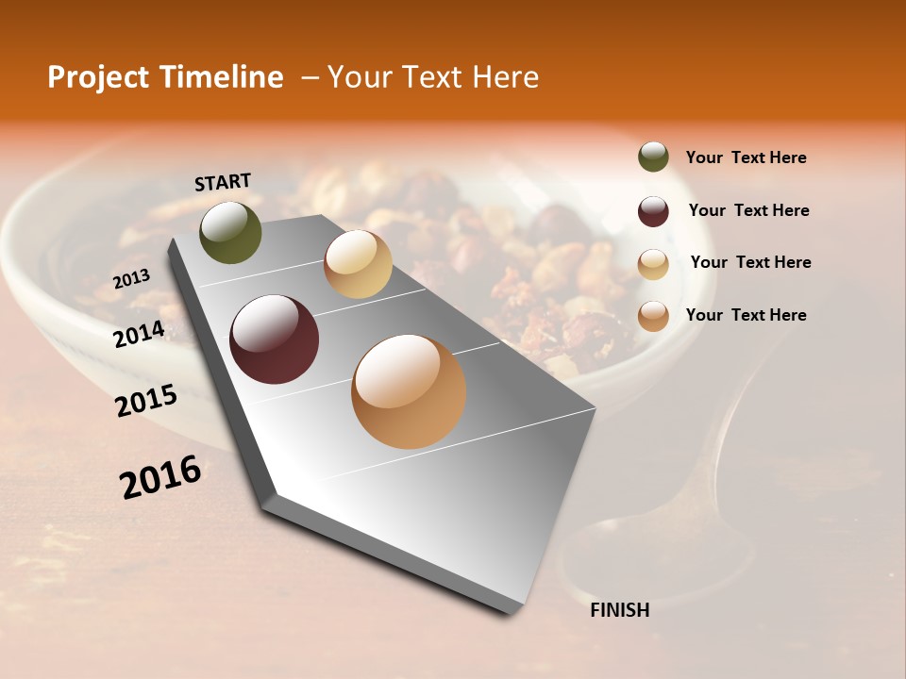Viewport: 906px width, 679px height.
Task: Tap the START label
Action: pyautogui.click(x=223, y=182)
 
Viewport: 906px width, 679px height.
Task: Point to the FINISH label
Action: pyautogui.click(x=619, y=610)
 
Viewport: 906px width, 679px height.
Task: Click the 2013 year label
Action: pyautogui.click(x=131, y=279)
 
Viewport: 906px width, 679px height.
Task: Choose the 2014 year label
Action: pyautogui.click(x=139, y=334)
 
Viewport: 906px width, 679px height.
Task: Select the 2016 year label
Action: pyautogui.click(x=160, y=476)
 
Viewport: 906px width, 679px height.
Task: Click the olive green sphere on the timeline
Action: pyautogui.click(x=231, y=232)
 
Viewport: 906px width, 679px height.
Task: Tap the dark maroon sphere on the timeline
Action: pyautogui.click(x=275, y=339)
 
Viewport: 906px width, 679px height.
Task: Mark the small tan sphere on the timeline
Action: pyautogui.click(x=358, y=264)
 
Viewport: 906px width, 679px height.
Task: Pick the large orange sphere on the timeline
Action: pyautogui.click(x=409, y=391)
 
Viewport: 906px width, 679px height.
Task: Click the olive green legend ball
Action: pyautogui.click(x=653, y=157)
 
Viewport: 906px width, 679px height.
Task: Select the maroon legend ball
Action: pyautogui.click(x=653, y=210)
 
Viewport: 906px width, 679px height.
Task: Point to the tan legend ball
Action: pyautogui.click(x=653, y=263)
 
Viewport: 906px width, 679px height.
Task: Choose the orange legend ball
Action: pyautogui.click(x=653, y=316)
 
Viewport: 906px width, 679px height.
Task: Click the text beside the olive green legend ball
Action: pyautogui.click(x=746, y=158)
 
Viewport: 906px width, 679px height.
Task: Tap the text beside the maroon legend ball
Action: pyautogui.click(x=748, y=210)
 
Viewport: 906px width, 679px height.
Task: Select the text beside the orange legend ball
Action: pyautogui.click(x=746, y=315)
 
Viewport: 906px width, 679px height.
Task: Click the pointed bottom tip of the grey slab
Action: pyautogui.click(x=510, y=610)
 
